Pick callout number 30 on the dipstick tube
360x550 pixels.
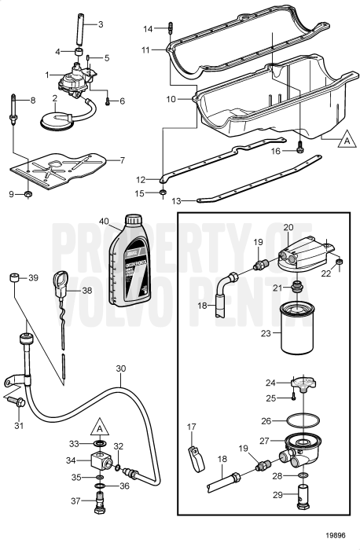click(x=120, y=368)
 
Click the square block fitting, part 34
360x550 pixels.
click(x=100, y=461)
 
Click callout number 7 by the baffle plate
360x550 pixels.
click(x=121, y=160)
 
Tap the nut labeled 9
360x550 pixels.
click(x=28, y=193)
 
